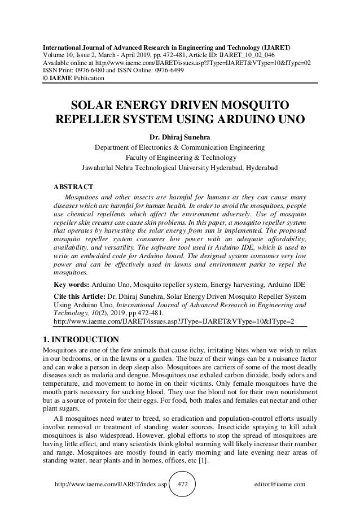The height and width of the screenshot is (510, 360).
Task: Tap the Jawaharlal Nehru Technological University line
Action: click(x=179, y=168)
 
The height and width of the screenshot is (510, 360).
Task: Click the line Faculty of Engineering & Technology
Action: click(x=179, y=157)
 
